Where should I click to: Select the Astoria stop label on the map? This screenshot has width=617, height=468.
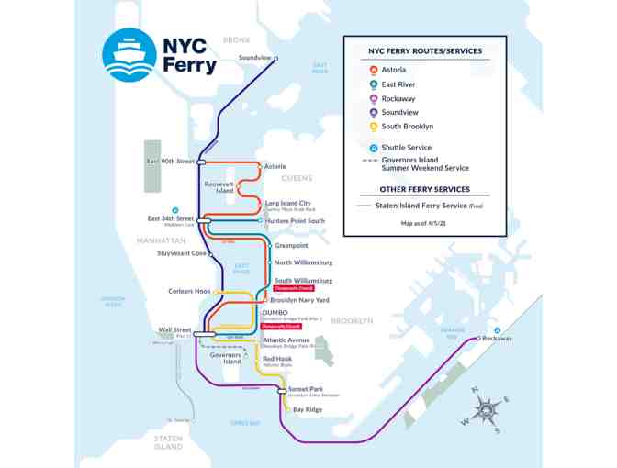click(275, 166)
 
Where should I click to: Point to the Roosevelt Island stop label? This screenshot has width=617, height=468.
click(219, 186)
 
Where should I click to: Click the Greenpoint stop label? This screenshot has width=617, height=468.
click(291, 245)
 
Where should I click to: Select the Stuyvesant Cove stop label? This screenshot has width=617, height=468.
click(181, 253)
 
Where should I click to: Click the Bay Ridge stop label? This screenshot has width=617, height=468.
click(308, 409)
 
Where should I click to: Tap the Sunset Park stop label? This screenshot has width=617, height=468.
click(305, 389)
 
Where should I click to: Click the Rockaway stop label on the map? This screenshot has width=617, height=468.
click(497, 339)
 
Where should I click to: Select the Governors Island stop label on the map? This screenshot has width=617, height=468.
click(225, 358)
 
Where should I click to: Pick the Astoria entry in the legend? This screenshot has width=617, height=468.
click(394, 71)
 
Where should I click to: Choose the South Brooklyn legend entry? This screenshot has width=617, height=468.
click(407, 127)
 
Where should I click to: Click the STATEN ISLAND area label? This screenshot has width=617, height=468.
click(168, 442)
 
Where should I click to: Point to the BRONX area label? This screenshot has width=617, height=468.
click(236, 39)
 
